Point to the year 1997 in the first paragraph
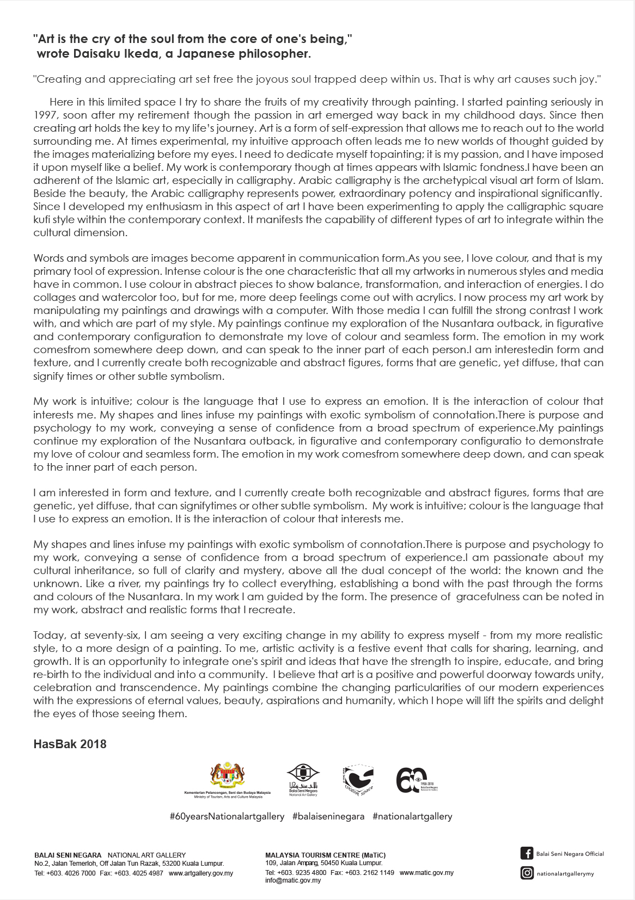[x=45, y=115]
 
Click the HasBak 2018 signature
[x=70, y=744]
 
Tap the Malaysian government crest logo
[x=227, y=776]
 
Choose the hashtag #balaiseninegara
[x=328, y=816]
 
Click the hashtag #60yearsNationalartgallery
[x=227, y=816]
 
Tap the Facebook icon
[x=527, y=853]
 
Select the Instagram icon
[x=527, y=873]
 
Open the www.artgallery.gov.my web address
[x=201, y=873]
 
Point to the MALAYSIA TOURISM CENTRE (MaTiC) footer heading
[x=325, y=855]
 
